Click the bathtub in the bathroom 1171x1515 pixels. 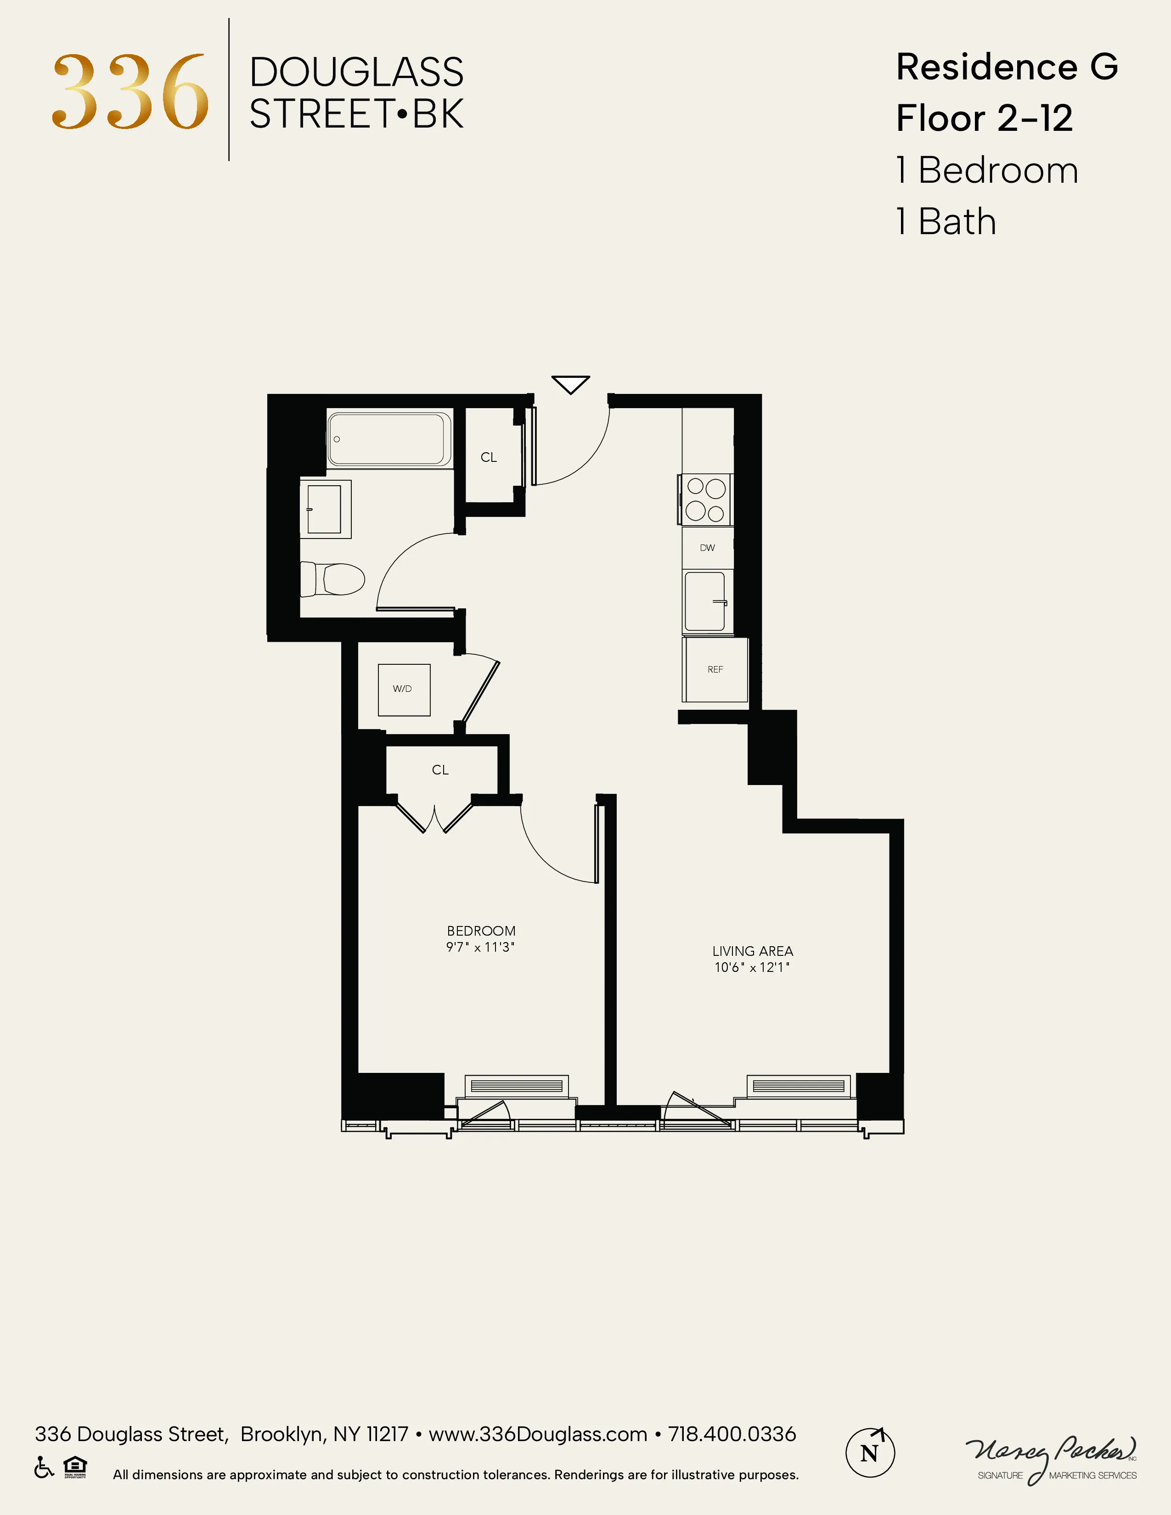point(388,439)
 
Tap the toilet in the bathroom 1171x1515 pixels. point(333,578)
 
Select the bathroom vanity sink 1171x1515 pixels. point(325,509)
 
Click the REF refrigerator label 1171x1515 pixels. point(715,669)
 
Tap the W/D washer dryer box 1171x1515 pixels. point(403,690)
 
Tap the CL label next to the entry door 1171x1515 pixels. point(489,458)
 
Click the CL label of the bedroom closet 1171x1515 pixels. point(440,770)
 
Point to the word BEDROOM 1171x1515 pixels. point(481,931)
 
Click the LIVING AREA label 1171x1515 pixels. point(753,951)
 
